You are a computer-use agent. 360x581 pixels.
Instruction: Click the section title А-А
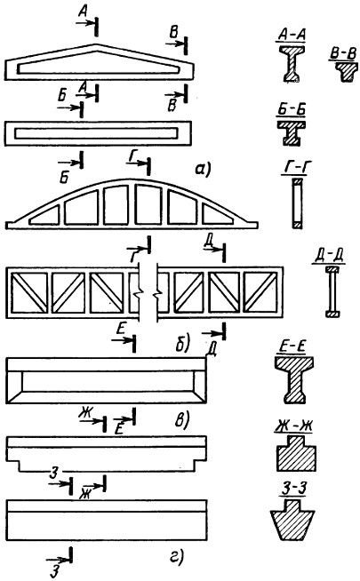[292, 35]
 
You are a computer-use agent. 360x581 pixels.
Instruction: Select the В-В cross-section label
[343, 54]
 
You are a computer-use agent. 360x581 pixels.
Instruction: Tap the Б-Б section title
[291, 111]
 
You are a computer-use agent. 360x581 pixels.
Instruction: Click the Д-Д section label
[329, 257]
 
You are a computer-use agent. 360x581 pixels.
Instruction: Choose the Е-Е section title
[292, 347]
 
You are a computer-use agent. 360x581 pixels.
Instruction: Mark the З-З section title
[292, 490]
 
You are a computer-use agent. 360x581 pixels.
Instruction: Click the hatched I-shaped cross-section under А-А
[292, 63]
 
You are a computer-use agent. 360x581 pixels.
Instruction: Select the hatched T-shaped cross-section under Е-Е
[294, 380]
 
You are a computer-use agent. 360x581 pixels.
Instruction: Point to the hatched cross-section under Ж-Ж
[296, 454]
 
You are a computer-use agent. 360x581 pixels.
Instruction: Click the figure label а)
[203, 170]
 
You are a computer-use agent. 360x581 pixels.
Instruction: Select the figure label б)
[182, 343]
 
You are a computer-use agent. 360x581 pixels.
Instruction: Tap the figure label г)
[177, 557]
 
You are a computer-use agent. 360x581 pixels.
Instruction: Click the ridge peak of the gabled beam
[96, 44]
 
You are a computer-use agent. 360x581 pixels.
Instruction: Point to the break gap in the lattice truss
[148, 293]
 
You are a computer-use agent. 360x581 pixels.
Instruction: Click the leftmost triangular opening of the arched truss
[44, 216]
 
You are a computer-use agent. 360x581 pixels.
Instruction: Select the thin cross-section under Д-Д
[332, 291]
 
